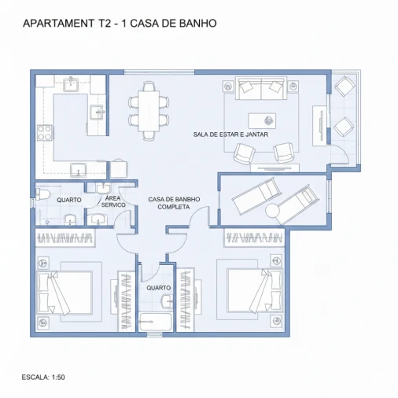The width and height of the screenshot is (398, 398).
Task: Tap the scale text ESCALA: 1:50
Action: coord(43,378)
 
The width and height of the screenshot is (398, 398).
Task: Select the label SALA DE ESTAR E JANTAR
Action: coord(231,135)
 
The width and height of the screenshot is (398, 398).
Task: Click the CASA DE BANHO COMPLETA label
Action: coord(173,203)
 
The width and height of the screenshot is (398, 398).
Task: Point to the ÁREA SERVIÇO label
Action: coord(113,201)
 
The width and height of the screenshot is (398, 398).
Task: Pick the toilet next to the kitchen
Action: coord(44,193)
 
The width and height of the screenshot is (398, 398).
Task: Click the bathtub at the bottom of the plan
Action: coord(155,322)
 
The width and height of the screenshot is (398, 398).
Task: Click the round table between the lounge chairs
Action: coord(273,211)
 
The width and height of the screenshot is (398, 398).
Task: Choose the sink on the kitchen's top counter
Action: coord(72,81)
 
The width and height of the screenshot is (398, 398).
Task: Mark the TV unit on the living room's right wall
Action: coord(319,126)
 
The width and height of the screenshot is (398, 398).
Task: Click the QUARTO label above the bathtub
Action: coord(158,288)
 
